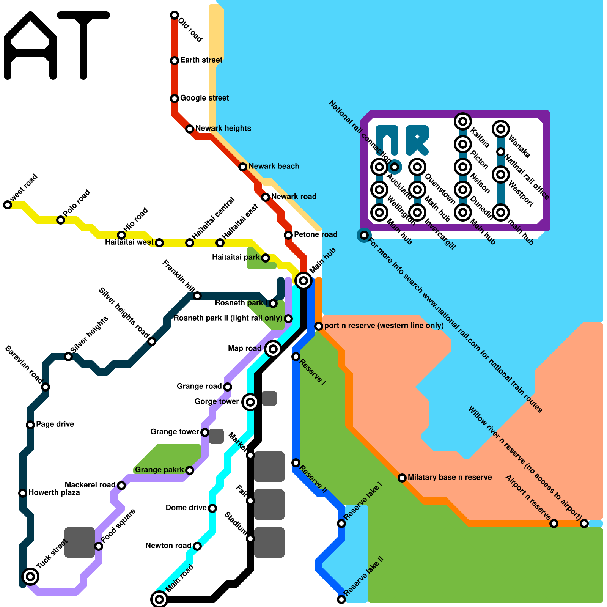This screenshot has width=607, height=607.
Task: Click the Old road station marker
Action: [x=175, y=15]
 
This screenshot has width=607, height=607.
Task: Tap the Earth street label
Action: [x=201, y=60]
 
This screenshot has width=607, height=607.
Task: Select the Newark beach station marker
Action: [x=243, y=167]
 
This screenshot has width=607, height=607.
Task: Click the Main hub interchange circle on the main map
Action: [x=303, y=281]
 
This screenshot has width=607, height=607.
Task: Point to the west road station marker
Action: [x=8, y=205]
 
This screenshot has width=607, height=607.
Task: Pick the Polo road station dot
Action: [x=61, y=220]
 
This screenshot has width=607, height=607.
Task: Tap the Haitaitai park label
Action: [x=236, y=257]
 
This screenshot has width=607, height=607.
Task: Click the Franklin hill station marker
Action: [x=197, y=296]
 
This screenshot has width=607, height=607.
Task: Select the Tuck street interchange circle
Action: [x=30, y=577]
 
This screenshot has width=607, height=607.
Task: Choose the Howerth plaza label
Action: [x=54, y=492]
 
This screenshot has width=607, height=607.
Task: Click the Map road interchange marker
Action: [x=273, y=349]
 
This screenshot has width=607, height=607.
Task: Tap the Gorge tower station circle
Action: [x=250, y=402]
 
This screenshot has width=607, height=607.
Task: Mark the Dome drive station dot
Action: [x=212, y=508]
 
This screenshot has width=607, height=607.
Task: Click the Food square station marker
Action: [x=99, y=546]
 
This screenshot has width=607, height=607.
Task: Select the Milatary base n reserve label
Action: [x=450, y=477]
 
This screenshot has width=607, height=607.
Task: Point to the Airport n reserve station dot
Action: [x=554, y=524]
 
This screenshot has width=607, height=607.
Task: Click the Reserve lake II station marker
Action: [x=341, y=599]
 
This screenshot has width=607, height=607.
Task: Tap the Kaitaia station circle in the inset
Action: [x=463, y=121]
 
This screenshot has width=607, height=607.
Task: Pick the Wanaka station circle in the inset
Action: [x=501, y=129]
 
